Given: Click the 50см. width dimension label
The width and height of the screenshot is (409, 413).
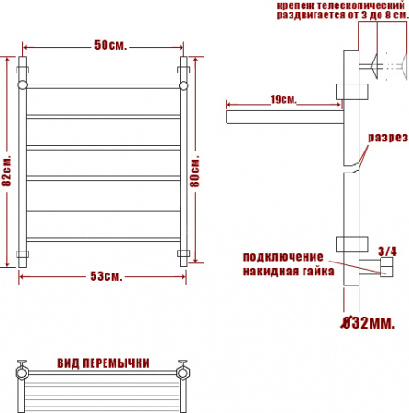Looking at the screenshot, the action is click(x=110, y=45).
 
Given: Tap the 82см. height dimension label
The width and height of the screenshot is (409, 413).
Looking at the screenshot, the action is click(x=6, y=171).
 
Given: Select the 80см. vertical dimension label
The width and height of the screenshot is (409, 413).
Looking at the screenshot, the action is click(x=194, y=172).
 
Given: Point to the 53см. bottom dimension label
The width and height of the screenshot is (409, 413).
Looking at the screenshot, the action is click(x=106, y=276).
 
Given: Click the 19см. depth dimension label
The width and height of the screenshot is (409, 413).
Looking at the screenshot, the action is click(x=283, y=100).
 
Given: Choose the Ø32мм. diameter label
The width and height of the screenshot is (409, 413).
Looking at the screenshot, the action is click(x=368, y=322).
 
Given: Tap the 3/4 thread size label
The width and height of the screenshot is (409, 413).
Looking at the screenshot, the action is click(x=387, y=251).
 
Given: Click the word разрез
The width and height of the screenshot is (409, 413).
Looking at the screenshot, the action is click(x=388, y=138).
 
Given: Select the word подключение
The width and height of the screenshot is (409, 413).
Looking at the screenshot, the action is click(x=282, y=257).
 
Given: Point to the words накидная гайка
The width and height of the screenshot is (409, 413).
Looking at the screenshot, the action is click(x=288, y=272).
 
